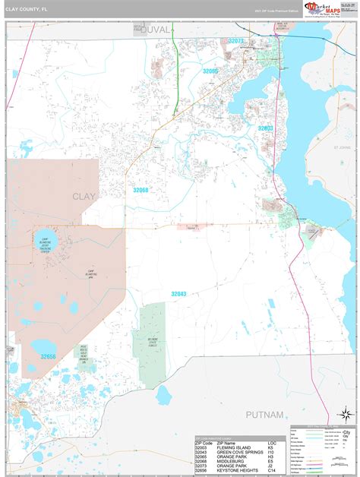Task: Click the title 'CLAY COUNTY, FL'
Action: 25,9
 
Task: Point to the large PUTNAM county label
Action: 263,415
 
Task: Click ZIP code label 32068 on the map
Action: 141,191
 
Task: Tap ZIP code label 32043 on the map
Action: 178,293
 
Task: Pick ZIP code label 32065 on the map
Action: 210,71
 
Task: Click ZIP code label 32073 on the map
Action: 236,41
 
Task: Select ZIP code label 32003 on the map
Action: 265,128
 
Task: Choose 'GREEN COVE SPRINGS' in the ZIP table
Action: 239,451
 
